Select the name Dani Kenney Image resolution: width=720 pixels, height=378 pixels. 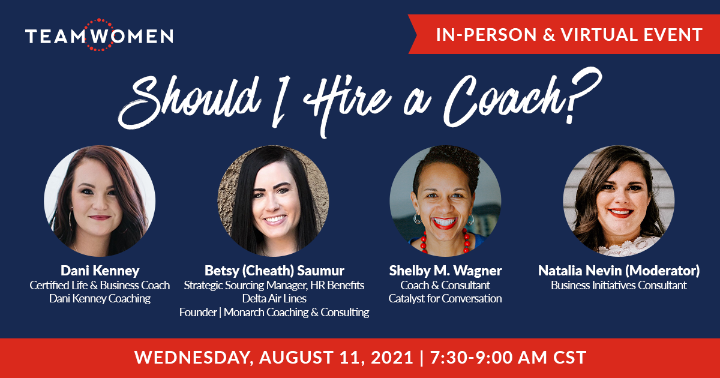coord(100,271)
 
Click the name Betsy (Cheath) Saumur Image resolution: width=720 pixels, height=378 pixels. coord(274,271)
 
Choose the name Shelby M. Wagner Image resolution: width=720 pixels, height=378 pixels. coord(445,271)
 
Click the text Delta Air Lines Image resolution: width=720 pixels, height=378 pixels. coord(274,299)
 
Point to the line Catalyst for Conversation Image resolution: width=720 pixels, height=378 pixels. coord(445,299)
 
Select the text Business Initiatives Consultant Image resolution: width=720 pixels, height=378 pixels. coord(619,285)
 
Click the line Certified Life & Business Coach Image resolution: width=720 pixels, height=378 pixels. coord(100,285)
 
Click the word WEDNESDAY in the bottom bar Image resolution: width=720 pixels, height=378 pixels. coord(192,358)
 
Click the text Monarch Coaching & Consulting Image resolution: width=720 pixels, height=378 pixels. coord(296,312)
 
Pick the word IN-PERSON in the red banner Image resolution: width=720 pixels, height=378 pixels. coord(487,35)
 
